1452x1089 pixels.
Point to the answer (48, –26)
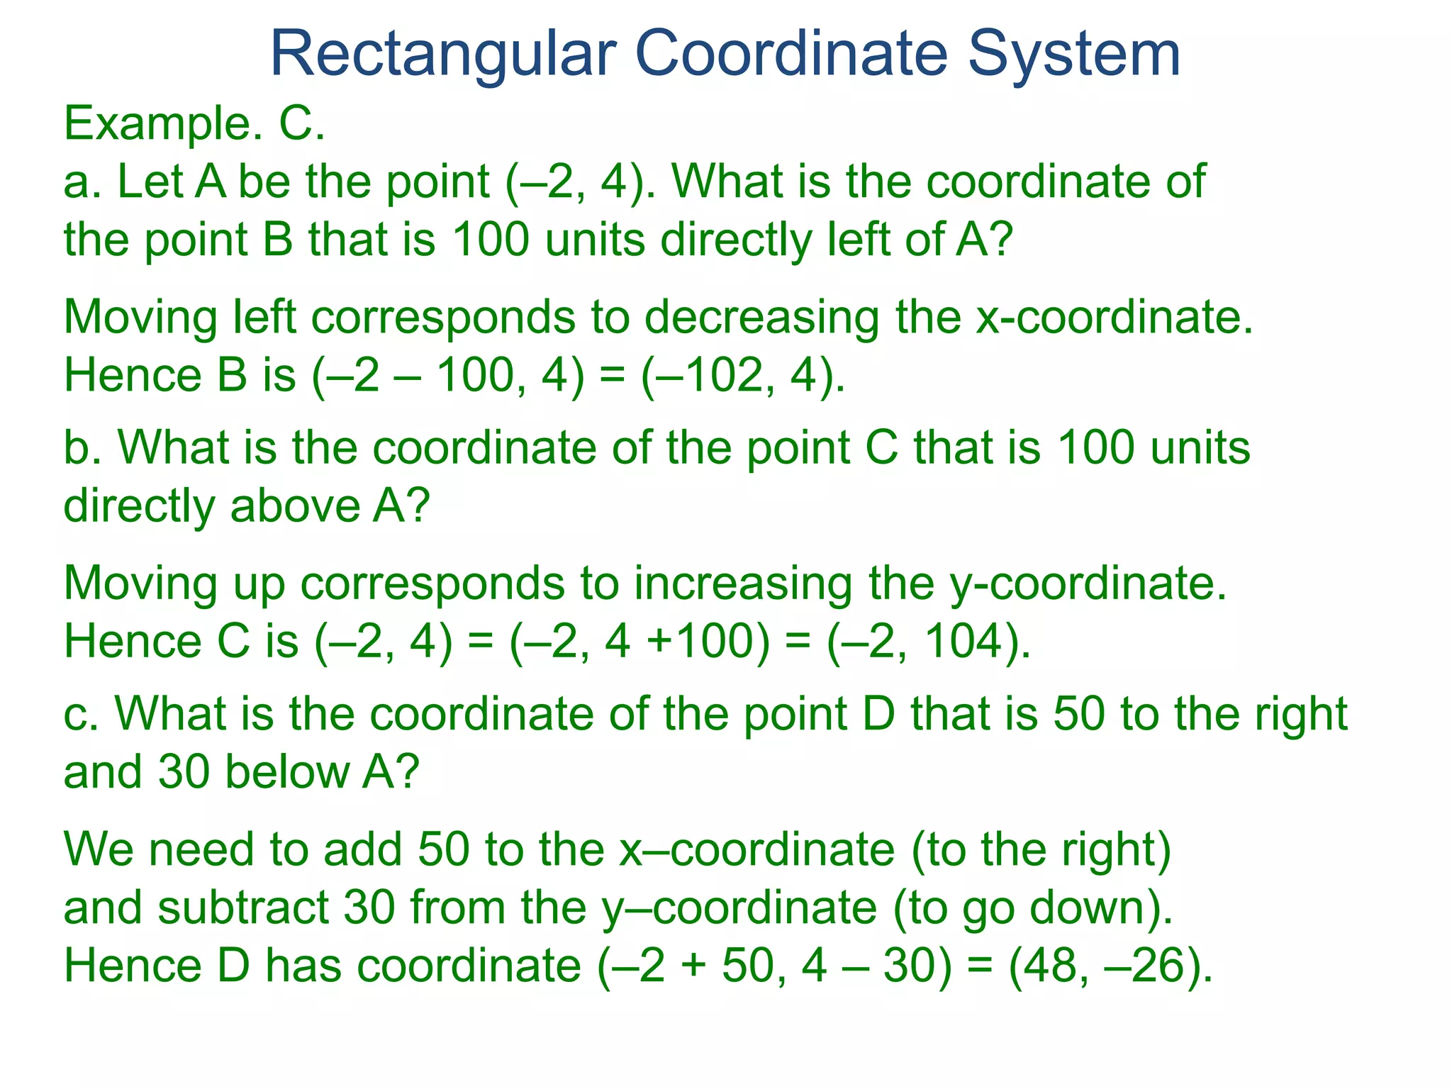[1110, 966]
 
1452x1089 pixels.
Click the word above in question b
[295, 506]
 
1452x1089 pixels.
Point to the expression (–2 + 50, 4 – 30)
[775, 966]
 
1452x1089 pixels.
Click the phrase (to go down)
[1032, 907]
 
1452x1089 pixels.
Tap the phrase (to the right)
[1041, 849]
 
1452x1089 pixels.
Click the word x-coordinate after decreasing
[1114, 317]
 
